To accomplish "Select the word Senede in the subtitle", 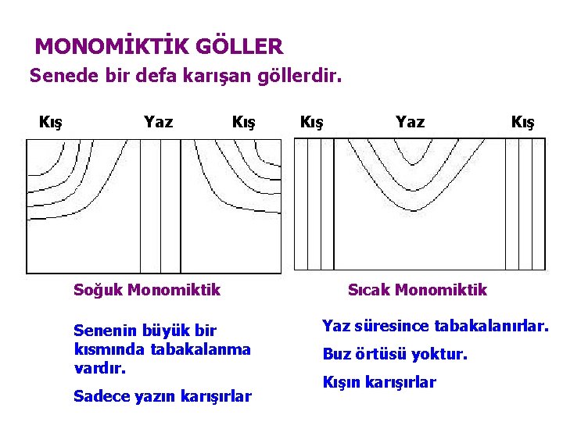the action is (x=58, y=77).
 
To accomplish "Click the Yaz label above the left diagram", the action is (x=159, y=122).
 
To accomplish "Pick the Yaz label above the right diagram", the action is (x=410, y=122).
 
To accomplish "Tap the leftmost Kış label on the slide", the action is (x=51, y=122).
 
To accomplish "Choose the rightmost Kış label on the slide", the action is (x=522, y=122).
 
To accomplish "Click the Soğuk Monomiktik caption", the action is (x=147, y=290).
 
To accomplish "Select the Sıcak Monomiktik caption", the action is (x=417, y=290).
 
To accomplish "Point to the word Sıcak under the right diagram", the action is (x=369, y=290).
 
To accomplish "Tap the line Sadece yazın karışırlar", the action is (x=163, y=396).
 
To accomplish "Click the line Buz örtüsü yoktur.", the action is (x=395, y=354).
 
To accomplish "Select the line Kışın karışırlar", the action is (x=379, y=382).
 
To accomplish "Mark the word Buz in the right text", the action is (x=338, y=354).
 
